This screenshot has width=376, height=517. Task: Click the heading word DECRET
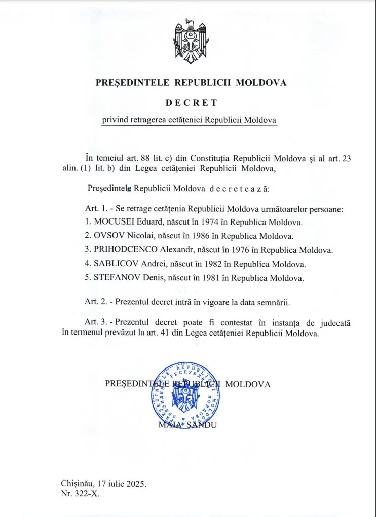(191, 102)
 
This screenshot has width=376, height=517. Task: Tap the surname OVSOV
(109, 236)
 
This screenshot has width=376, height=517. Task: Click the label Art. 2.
(96, 302)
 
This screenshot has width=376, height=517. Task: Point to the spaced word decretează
(239, 189)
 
